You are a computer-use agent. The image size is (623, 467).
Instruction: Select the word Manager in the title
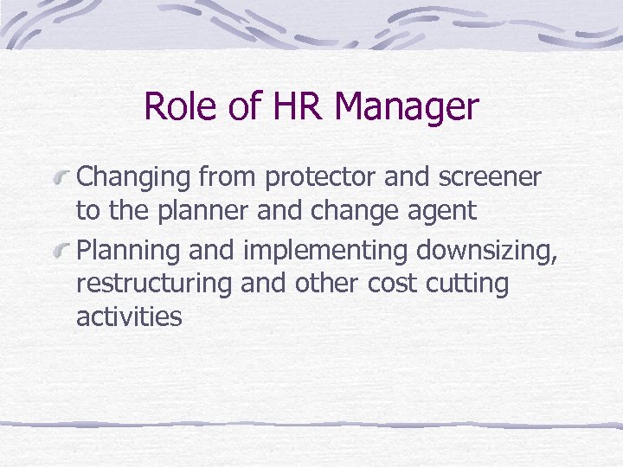click(x=406, y=107)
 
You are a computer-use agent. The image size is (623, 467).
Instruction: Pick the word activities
click(x=129, y=317)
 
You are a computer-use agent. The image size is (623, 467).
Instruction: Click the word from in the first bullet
click(x=229, y=178)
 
